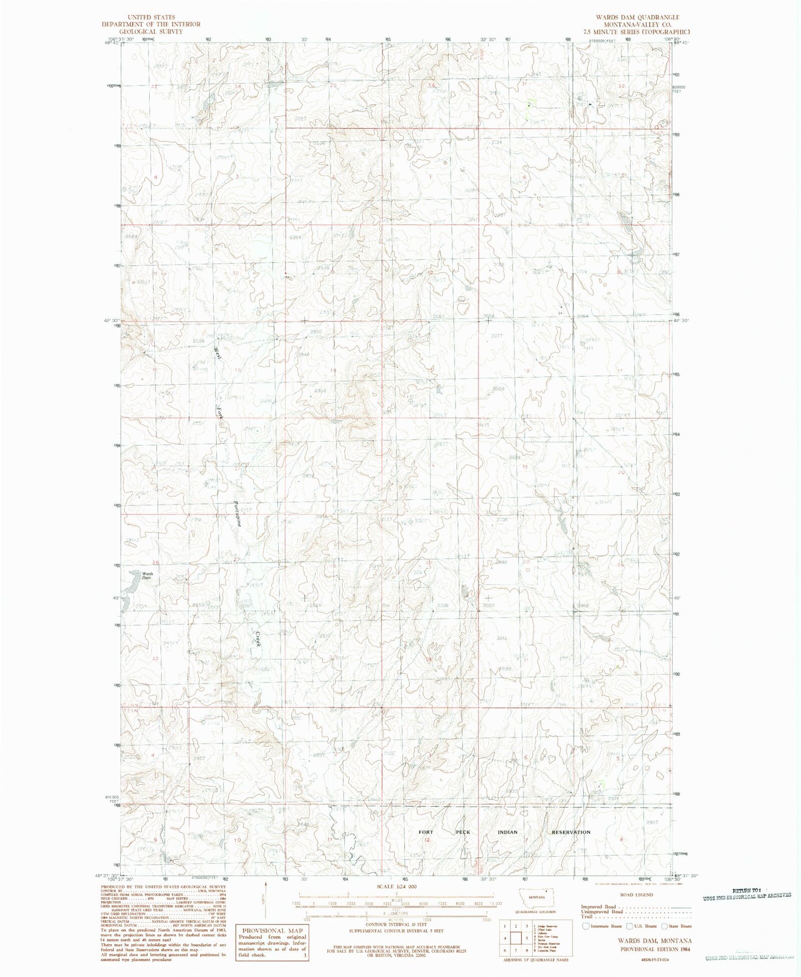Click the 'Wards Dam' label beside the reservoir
point(146,575)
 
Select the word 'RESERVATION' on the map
point(570,832)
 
